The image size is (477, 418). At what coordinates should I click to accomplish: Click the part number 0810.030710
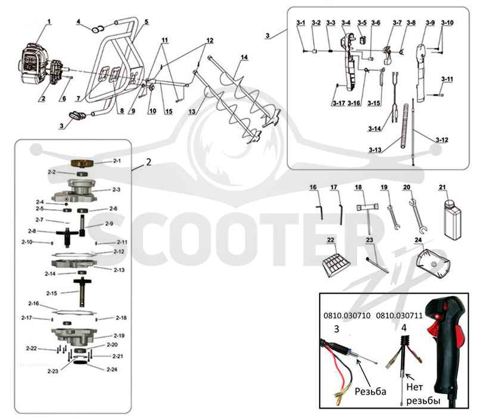point(347,316)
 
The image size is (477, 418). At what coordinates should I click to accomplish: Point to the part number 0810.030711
point(399,316)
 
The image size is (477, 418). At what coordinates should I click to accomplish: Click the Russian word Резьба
point(370,391)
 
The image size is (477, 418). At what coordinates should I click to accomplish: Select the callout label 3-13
point(375,150)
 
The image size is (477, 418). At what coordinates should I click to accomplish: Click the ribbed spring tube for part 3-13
point(405,126)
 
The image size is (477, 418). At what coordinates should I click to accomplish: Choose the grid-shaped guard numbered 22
point(336,265)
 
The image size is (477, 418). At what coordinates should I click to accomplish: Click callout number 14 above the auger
point(244,57)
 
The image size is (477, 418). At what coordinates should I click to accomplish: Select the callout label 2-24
point(111,370)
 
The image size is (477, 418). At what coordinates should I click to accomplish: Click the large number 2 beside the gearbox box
point(148,162)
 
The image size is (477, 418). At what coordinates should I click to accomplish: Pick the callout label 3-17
point(339,103)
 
